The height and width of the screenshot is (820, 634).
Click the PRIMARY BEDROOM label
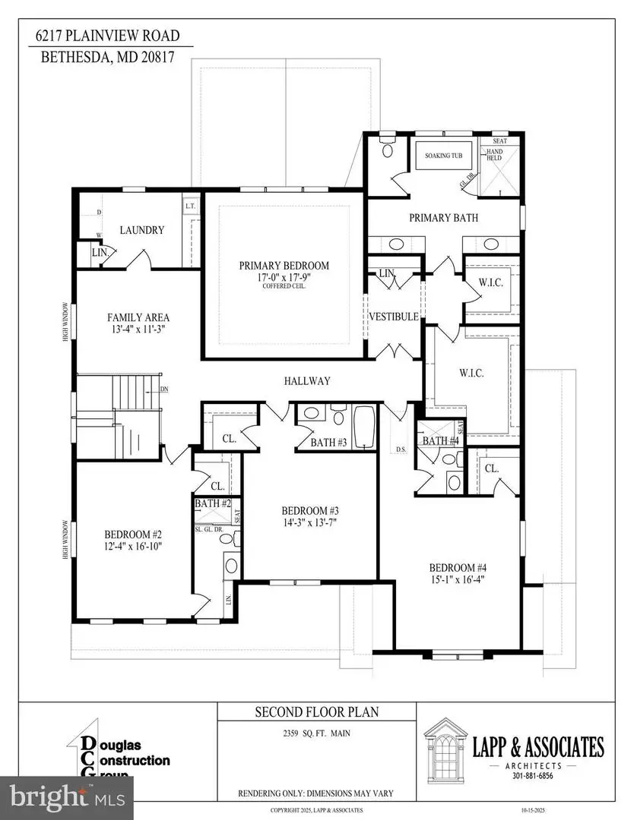point(284,265)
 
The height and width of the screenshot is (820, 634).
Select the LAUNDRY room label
point(142,230)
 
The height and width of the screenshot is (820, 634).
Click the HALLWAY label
point(307,381)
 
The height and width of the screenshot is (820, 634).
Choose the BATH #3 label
point(328,443)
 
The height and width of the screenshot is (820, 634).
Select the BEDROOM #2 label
point(123,533)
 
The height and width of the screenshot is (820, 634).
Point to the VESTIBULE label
point(394,317)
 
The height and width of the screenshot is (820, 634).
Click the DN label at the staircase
point(164,389)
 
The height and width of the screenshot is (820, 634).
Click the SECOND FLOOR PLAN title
point(316,712)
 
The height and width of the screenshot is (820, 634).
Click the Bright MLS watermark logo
point(67,797)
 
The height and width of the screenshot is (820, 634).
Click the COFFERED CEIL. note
point(284,286)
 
